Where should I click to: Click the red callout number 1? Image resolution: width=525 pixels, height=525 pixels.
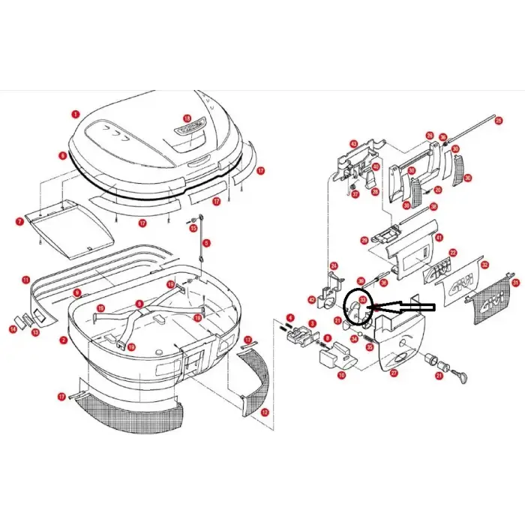pyautogui.click(x=75, y=114)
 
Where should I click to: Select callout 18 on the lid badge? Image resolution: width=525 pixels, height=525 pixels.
pyautogui.click(x=187, y=119)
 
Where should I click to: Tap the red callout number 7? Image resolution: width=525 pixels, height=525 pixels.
pyautogui.click(x=20, y=221)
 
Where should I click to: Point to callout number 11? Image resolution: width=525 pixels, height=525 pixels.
pyautogui.click(x=25, y=280)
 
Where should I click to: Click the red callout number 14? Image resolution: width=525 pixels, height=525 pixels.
pyautogui.click(x=13, y=328)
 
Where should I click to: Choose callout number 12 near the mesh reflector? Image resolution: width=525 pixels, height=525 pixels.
pyautogui.click(x=263, y=412)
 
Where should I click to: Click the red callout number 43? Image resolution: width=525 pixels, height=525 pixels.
pyautogui.click(x=353, y=143)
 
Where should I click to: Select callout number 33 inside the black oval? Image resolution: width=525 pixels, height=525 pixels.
pyautogui.click(x=363, y=300)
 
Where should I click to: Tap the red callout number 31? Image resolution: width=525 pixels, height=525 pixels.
pyautogui.click(x=515, y=283)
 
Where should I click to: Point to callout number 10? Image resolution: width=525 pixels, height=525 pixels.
pyautogui.click(x=341, y=375)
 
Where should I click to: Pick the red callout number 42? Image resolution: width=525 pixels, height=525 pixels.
pyautogui.click(x=311, y=300)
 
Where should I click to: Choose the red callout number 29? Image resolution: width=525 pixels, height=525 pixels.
pyautogui.click(x=364, y=241)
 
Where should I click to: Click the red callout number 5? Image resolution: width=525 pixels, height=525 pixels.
pyautogui.click(x=207, y=242)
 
